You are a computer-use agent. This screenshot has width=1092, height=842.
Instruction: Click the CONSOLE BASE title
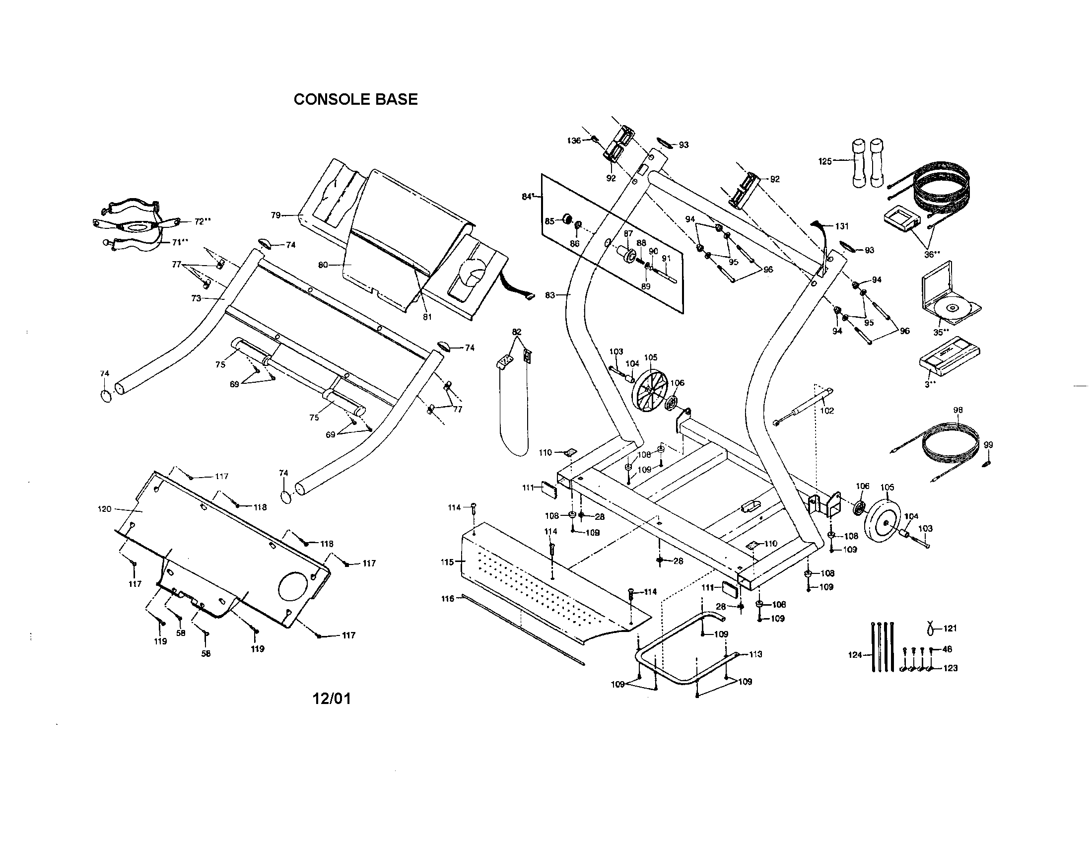tap(355, 99)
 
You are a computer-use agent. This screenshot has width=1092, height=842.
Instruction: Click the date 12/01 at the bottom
tap(332, 699)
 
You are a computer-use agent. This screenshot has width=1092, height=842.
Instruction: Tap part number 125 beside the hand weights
tap(825, 161)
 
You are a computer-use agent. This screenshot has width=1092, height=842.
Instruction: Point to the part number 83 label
tap(550, 295)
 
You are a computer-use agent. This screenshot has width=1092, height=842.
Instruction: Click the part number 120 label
tap(104, 509)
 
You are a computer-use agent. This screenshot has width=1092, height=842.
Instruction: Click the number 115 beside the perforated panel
tap(447, 562)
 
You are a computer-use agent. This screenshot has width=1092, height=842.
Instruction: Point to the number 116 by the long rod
tap(448, 599)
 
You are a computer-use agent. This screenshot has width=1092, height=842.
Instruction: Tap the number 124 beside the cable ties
tap(855, 655)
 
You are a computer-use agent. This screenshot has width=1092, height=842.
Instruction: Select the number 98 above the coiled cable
tap(957, 410)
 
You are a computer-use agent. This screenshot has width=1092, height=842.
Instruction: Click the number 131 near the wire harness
tap(842, 226)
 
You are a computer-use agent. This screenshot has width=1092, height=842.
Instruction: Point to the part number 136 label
tap(573, 141)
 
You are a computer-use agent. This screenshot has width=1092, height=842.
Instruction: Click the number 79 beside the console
tap(275, 215)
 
